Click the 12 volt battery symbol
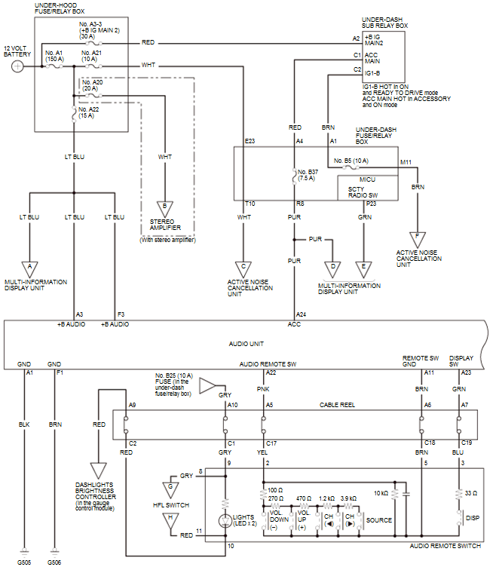click(x=17, y=66)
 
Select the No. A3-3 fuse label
click(x=91, y=24)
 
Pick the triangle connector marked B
click(x=164, y=205)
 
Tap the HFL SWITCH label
click(x=171, y=504)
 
